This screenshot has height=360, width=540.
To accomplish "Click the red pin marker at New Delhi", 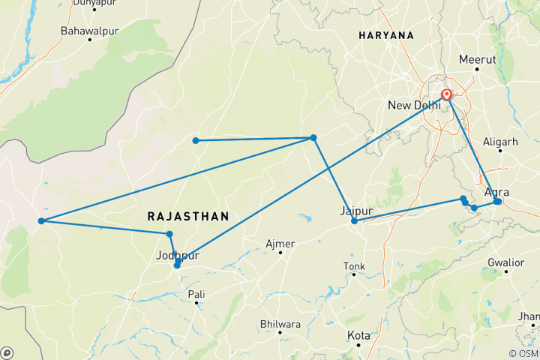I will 447,94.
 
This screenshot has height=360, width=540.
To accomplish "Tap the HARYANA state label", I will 386,35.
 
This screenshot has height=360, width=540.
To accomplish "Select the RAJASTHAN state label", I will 187,216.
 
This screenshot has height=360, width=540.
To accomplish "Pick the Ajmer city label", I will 280,244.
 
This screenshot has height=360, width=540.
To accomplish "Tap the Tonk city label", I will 353,266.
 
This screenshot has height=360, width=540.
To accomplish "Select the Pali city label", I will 196,294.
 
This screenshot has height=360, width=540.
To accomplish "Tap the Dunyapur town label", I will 94,3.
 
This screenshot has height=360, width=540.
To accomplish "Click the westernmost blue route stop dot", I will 41,220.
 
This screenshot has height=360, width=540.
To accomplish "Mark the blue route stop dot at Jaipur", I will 354,221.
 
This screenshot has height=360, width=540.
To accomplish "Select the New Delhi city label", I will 414,105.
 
